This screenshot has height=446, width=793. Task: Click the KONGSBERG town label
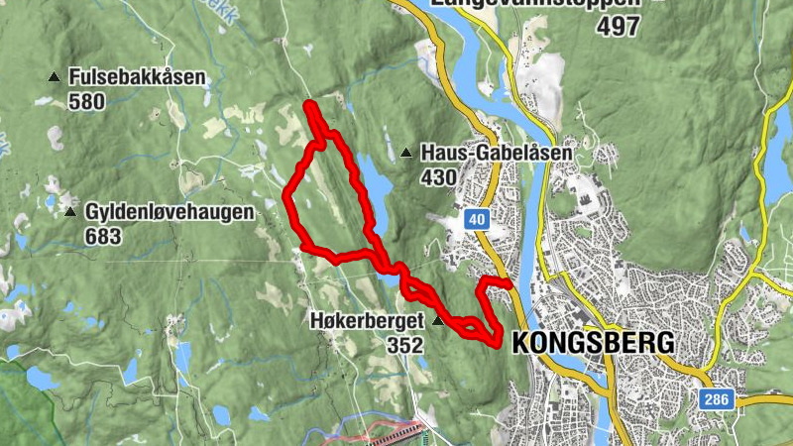click(593, 343)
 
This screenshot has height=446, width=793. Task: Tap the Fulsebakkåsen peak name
click(137, 77)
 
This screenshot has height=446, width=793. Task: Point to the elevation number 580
click(87, 101)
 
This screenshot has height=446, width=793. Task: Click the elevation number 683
click(103, 236)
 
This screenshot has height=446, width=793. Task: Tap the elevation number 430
click(438, 177)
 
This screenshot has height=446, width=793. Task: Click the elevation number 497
click(619, 27)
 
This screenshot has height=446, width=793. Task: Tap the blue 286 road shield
click(717, 399)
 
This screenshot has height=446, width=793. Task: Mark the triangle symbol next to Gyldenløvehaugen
click(69, 212)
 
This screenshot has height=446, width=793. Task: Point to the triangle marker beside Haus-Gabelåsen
click(405, 154)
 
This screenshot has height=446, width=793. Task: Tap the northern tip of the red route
click(309, 104)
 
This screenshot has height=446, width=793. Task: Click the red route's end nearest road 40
click(509, 285)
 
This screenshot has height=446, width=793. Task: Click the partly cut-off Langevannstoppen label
click(535, 4)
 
